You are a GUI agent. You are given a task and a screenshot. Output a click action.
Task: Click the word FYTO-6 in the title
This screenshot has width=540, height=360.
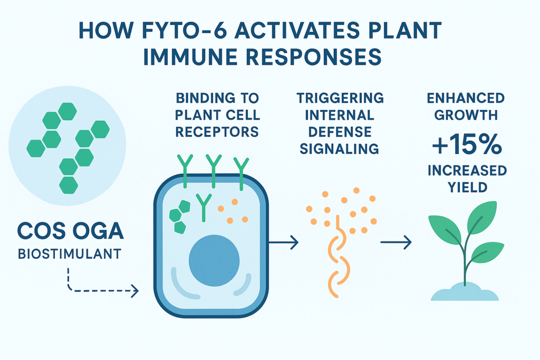(x=184, y=30)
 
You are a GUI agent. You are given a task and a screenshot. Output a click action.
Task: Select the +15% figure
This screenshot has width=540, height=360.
(x=467, y=144)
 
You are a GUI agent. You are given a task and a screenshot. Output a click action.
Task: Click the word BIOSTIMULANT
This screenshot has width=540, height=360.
(x=69, y=254)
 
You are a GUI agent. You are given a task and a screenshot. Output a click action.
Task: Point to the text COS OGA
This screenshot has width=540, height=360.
(x=71, y=231)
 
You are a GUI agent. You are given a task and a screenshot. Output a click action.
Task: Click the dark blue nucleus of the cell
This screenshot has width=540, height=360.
(x=214, y=260)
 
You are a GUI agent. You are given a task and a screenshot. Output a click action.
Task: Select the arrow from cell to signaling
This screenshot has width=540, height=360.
(x=283, y=242)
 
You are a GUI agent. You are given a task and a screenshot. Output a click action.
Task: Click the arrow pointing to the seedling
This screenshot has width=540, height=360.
(x=396, y=242)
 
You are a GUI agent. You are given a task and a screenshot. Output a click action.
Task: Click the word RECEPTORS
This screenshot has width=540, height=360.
(x=217, y=132)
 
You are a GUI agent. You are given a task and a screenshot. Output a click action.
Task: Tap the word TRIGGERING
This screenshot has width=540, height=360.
(x=340, y=98)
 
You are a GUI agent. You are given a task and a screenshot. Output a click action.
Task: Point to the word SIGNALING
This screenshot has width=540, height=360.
(x=339, y=149)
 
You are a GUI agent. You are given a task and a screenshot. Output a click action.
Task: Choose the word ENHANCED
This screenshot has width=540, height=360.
(x=466, y=98)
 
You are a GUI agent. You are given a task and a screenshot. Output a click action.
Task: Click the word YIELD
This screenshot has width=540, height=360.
(x=467, y=188)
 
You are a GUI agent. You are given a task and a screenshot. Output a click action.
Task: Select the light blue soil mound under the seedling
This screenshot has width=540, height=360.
(x=465, y=293)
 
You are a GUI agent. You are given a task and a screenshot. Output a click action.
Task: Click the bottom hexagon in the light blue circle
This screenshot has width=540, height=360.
(x=69, y=185)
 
